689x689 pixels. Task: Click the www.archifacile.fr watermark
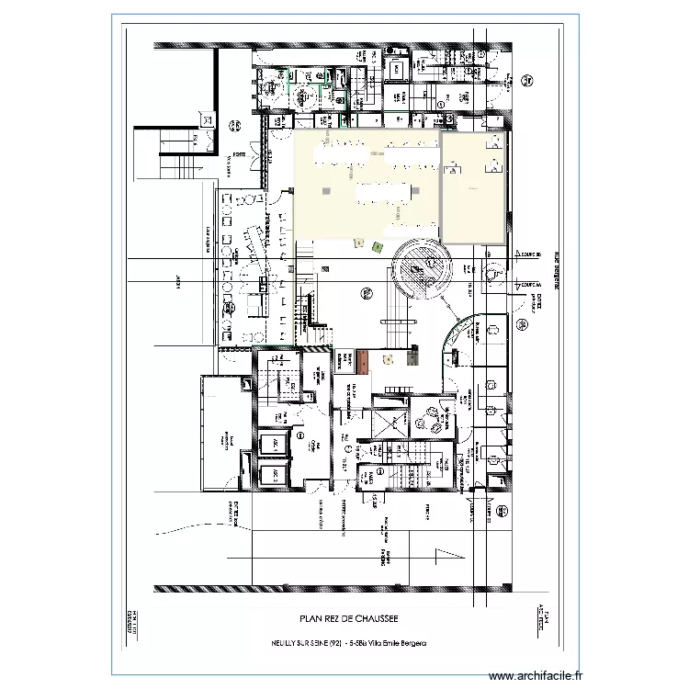[535, 675]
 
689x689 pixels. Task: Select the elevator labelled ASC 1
[274, 444]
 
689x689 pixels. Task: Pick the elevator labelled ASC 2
[274, 475]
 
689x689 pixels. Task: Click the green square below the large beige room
[377, 245]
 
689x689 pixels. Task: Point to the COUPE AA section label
[531, 286]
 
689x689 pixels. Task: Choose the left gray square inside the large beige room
[326, 188]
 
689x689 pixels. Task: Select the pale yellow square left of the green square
[358, 243]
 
